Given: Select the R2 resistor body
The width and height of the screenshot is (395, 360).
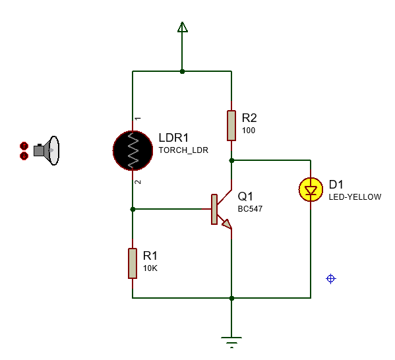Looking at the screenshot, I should click(231, 125).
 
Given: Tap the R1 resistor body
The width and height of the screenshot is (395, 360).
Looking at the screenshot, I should click(133, 262).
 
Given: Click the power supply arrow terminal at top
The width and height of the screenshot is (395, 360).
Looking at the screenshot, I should click(183, 27).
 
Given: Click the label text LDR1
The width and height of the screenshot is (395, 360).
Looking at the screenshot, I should click(173, 138).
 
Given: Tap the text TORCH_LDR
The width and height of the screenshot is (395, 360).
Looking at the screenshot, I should click(183, 150).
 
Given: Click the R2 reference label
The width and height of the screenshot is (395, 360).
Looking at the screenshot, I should click(249, 118).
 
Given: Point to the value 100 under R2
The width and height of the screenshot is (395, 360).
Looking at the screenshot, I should click(249, 131).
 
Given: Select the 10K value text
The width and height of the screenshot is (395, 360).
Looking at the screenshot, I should click(150, 268).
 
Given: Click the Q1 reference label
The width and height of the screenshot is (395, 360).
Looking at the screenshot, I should click(245, 196).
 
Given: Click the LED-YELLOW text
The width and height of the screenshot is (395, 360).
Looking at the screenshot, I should click(354, 196).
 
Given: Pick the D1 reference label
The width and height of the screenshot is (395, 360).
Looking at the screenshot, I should click(336, 184).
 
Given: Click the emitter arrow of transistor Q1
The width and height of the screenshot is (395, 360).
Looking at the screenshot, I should click(226, 224).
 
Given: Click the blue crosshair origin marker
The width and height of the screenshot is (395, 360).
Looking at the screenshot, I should click(331, 279).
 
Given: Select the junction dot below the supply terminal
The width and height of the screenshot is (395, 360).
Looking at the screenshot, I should click(183, 71).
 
